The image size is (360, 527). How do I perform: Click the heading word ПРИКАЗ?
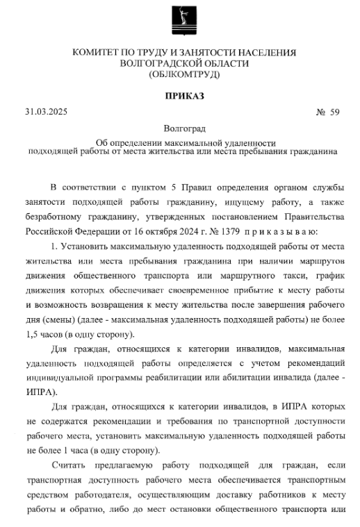179,95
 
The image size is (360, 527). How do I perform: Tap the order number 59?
334,112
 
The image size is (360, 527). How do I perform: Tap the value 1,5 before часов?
35,334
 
